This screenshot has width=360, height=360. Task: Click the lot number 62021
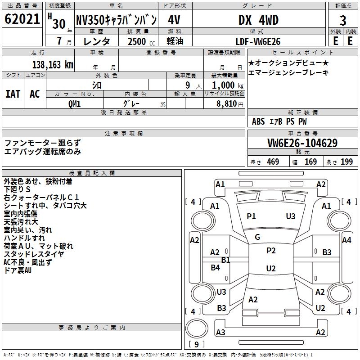click(x=22, y=20)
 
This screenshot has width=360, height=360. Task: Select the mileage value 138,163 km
click(x=52, y=65)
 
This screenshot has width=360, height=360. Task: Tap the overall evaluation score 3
click(x=343, y=21)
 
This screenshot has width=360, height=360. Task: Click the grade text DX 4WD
click(x=258, y=20)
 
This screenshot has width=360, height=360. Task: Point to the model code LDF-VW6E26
click(x=258, y=41)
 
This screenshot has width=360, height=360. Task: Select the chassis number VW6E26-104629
click(x=302, y=143)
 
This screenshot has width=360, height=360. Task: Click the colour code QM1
click(x=75, y=104)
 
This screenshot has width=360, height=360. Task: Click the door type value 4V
click(x=174, y=20)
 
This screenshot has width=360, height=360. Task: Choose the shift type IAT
click(x=13, y=94)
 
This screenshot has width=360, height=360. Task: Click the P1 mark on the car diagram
click(x=251, y=216)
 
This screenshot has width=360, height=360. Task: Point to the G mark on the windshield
click(x=257, y=237)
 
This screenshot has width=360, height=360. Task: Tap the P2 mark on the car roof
click(x=271, y=251)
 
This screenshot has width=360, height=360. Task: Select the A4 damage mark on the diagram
click(x=346, y=240)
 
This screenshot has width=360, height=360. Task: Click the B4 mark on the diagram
click(x=216, y=268)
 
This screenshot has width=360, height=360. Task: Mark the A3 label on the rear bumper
click(x=220, y=333)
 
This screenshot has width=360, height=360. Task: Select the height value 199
click(x=346, y=162)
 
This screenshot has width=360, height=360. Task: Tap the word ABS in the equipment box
click(x=258, y=121)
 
